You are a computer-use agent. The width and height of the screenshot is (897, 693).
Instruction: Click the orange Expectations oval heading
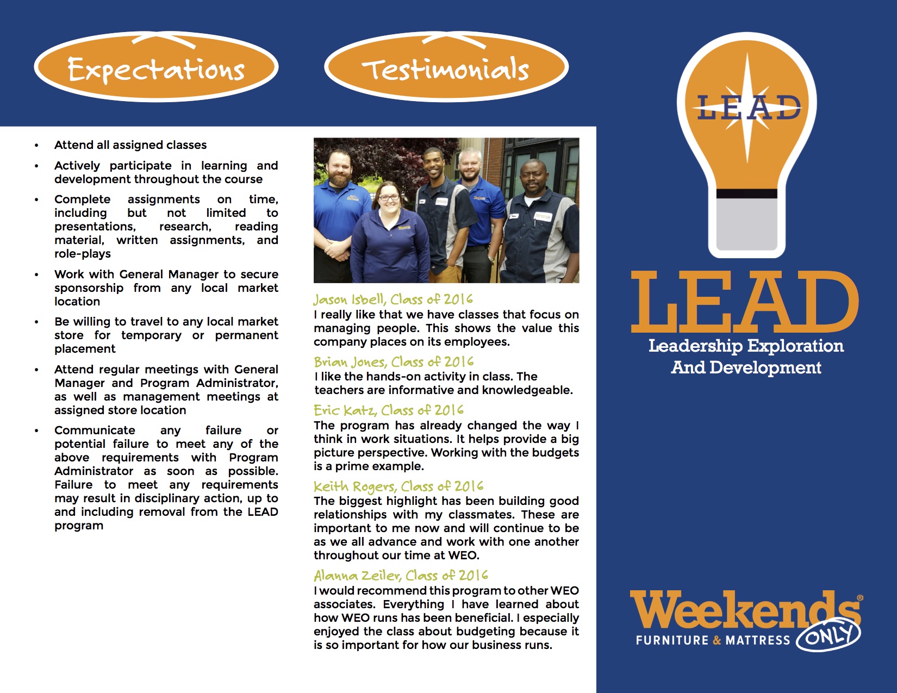pyautogui.click(x=156, y=68)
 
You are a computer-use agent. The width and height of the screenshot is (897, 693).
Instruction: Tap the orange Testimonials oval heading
pyautogui.click(x=446, y=68)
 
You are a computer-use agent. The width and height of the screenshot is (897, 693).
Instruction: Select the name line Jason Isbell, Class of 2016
pyautogui.click(x=393, y=299)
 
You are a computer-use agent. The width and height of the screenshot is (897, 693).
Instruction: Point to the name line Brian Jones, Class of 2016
pyautogui.click(x=394, y=362)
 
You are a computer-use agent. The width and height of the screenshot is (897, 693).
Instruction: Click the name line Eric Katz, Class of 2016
pyautogui.click(x=389, y=410)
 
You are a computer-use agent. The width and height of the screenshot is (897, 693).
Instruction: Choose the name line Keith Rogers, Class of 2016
pyautogui.click(x=398, y=486)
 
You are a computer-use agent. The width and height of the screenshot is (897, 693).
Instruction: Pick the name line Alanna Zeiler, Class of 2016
pyautogui.click(x=401, y=576)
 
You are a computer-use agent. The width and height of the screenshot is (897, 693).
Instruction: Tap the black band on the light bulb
pyautogui.click(x=746, y=194)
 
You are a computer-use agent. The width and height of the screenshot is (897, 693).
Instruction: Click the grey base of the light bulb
pyautogui.click(x=746, y=223)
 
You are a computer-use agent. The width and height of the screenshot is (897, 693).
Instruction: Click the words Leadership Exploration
pyautogui.click(x=746, y=346)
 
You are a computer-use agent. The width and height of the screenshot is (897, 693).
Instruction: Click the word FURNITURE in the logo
pyautogui.click(x=672, y=640)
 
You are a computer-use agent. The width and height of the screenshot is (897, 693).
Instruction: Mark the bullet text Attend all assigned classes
pyautogui.click(x=130, y=145)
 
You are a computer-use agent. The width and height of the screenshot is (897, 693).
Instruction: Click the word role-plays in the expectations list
pyautogui.click(x=83, y=254)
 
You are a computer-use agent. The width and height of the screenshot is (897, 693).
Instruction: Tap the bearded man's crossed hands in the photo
pyautogui.click(x=337, y=249)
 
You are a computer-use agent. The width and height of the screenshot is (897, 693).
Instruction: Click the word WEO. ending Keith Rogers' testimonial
pyautogui.click(x=463, y=555)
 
